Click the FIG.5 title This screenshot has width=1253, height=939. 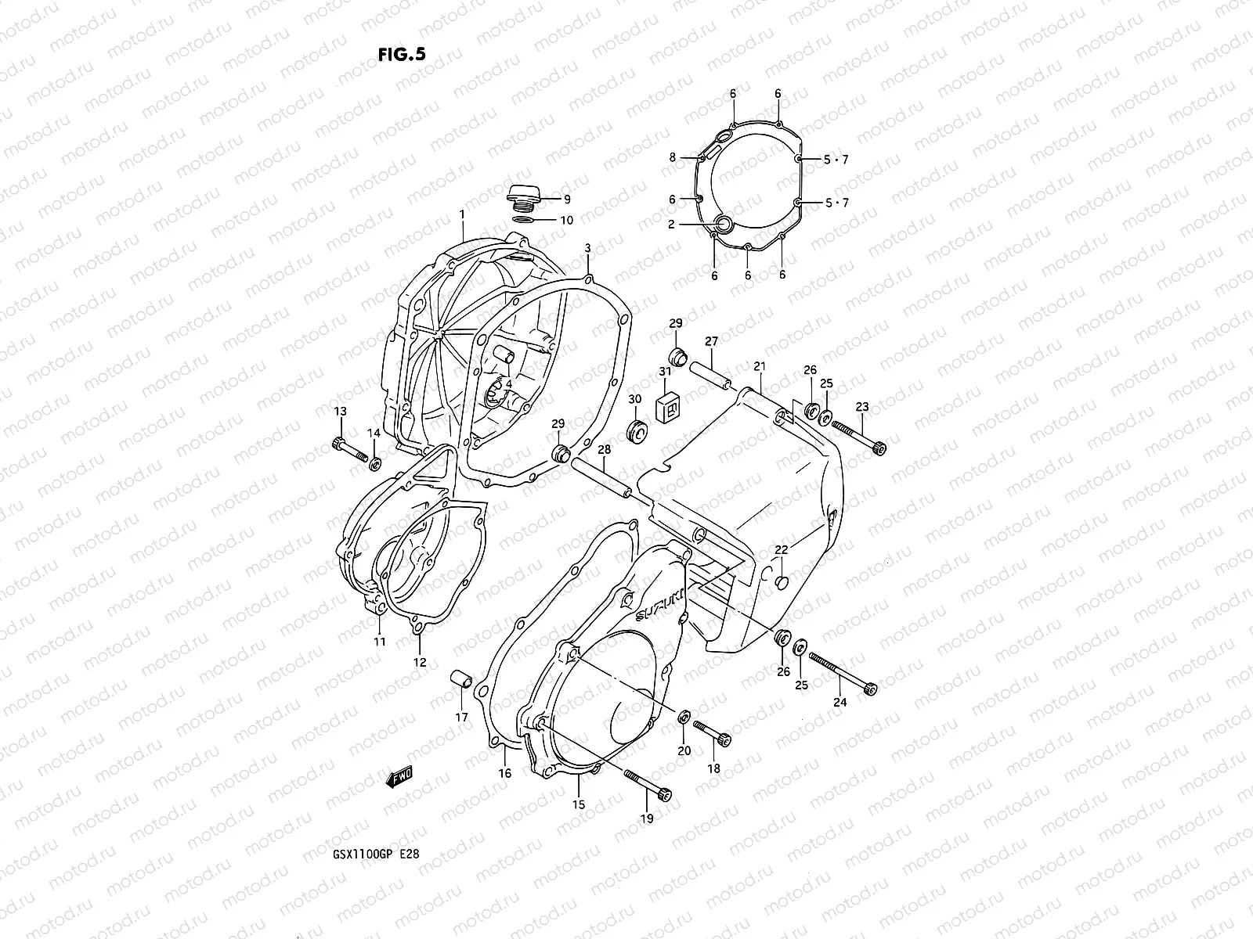click(402, 54)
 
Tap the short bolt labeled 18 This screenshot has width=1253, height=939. click(711, 733)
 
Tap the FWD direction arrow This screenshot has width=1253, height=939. click(399, 776)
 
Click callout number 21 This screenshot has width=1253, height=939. click(759, 366)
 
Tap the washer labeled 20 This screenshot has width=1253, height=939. click(684, 717)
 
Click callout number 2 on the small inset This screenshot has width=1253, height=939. click(671, 225)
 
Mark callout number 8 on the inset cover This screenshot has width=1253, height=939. click(672, 157)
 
